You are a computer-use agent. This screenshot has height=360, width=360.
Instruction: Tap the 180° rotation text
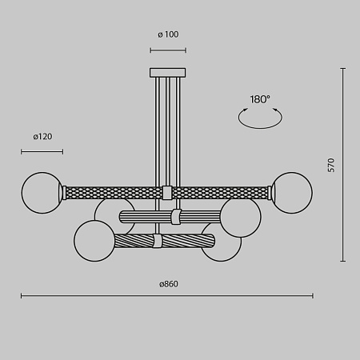(260, 99)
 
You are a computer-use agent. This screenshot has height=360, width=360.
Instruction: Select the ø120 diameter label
(42, 137)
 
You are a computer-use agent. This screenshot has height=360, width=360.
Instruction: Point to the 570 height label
(331, 165)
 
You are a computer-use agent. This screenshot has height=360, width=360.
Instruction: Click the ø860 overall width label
(167, 285)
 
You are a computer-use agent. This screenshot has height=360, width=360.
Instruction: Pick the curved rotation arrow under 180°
(260, 118)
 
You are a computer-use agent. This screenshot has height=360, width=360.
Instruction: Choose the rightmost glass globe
(292, 192)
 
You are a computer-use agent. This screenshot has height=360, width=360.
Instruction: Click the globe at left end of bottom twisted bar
(95, 240)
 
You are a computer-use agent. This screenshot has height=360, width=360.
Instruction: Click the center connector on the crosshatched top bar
(167, 192)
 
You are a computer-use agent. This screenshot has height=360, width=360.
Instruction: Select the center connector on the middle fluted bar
(175, 217)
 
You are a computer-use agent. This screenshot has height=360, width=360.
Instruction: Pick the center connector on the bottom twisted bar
(158, 241)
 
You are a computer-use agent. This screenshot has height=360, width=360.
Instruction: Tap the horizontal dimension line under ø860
(167, 296)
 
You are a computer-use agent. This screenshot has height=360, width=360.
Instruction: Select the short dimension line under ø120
(42, 150)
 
